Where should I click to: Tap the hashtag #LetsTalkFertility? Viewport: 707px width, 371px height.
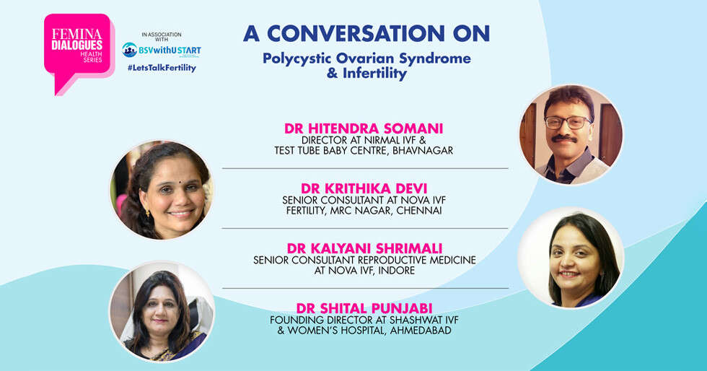[x=162, y=68]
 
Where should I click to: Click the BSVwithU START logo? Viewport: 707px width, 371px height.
[x=162, y=50]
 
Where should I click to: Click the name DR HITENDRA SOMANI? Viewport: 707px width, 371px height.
[x=364, y=128]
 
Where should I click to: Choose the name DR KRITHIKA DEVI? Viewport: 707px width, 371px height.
[x=364, y=188]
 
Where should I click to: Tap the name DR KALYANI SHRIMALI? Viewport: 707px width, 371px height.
[x=364, y=248]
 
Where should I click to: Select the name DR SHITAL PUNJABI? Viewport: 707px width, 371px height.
[x=364, y=308]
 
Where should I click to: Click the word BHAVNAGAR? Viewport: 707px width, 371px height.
[x=423, y=151]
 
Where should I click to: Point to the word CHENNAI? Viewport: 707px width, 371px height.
[x=419, y=211]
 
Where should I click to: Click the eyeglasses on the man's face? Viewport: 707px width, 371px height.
[x=568, y=122]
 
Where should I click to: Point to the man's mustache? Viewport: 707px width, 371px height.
[x=564, y=139]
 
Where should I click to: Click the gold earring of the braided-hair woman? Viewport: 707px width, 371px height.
[x=147, y=212]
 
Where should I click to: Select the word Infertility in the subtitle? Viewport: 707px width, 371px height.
[x=374, y=73]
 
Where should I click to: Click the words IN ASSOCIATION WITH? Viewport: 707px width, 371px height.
[x=162, y=37]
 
